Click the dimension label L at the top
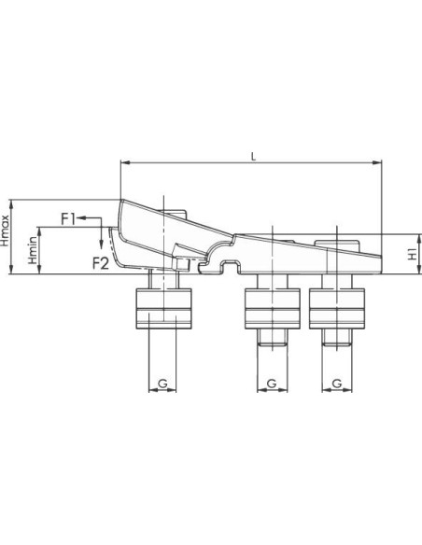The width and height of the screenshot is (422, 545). [253, 157]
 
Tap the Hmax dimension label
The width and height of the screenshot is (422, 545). [5, 231]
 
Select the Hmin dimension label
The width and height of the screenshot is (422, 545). [33, 250]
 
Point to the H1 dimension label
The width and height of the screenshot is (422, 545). [413, 254]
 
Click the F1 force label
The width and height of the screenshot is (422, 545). [68, 219]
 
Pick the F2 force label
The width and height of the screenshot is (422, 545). [101, 264]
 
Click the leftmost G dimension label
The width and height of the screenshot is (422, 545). [162, 384]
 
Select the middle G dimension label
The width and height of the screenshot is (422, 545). [272, 384]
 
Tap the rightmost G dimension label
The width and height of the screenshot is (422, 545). [336, 384]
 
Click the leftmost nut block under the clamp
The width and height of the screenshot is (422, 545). [163, 309]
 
